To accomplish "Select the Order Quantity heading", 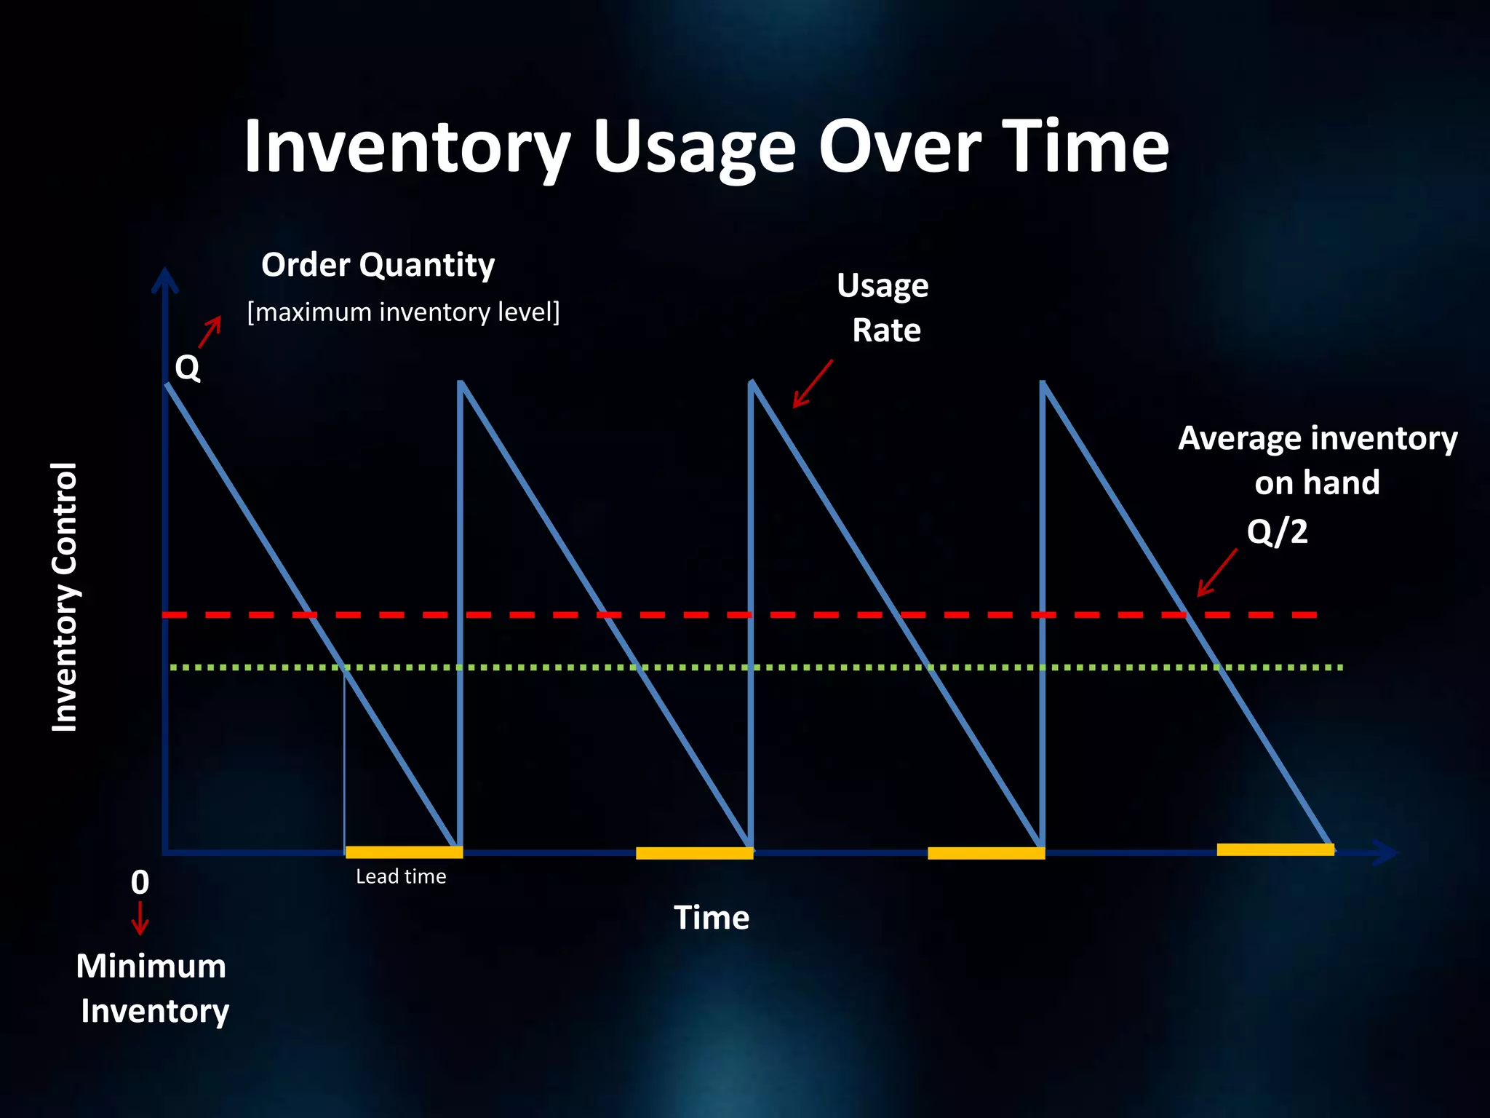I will point(378,265).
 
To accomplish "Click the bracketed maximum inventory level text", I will point(403,312).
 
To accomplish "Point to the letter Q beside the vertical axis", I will point(187,368).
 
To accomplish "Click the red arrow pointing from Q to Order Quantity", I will point(210,332).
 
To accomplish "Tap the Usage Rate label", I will point(884,308).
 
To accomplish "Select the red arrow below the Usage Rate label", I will point(812,384).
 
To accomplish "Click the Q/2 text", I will point(1276,531).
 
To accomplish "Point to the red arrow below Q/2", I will point(1216,574).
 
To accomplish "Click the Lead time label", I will point(401,876).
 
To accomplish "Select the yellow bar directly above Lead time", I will point(403,852).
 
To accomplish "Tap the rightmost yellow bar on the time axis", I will point(1275,849).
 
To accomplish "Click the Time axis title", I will point(711,918).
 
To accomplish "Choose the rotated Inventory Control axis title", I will point(65,597).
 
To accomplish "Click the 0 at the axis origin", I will point(140,883).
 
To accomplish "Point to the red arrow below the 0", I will point(140,919).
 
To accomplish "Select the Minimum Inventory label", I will point(152,988).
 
